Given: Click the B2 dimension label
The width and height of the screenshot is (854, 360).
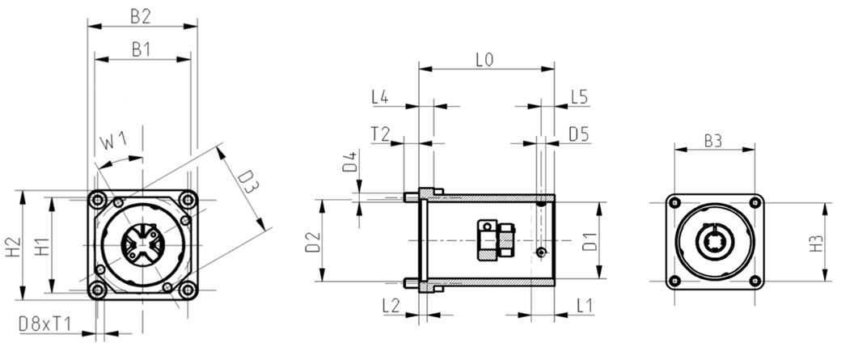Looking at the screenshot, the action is (x=140, y=16).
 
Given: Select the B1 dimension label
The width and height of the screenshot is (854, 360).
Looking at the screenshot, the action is (x=141, y=49).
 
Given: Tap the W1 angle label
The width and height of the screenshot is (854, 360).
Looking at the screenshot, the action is (x=114, y=142).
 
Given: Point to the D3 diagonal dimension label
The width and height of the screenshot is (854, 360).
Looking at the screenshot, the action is (x=248, y=181).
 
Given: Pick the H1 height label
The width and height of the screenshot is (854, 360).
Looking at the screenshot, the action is (x=42, y=246).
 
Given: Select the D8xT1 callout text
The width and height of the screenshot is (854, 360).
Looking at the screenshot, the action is (x=44, y=324).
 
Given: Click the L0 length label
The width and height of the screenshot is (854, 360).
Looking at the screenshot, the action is (x=484, y=59).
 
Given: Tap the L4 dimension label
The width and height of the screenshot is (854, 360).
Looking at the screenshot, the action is (x=379, y=97).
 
